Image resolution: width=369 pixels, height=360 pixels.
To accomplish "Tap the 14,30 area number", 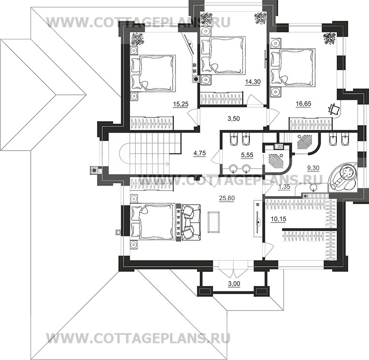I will click(x=252, y=81).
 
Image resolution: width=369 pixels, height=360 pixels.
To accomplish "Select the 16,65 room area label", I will click(x=303, y=104).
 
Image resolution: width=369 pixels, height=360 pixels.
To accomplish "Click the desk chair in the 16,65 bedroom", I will click(x=334, y=109).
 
